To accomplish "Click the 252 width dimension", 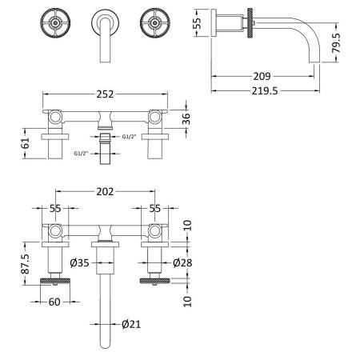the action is (105, 94).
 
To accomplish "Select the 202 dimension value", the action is (105, 191).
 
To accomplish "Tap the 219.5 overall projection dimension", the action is (265, 91).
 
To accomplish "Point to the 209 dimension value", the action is (262, 76).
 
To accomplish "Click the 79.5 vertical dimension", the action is (336, 42).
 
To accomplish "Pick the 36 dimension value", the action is (186, 118).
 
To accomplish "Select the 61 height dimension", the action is (26, 143).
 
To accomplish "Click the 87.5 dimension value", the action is (26, 263).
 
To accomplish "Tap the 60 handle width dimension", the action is (54, 302).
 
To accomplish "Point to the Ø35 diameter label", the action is (79, 263).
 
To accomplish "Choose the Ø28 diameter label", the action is (182, 263).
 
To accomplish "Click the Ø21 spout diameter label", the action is (131, 324).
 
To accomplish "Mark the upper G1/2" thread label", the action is (129, 137).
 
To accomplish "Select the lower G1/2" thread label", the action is (81, 154).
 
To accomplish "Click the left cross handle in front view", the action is (55, 23).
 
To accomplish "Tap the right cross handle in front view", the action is (155, 23).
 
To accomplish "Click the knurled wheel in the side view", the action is (250, 23).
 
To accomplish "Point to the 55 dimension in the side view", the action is (198, 23).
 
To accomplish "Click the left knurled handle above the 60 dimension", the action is (55, 281).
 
